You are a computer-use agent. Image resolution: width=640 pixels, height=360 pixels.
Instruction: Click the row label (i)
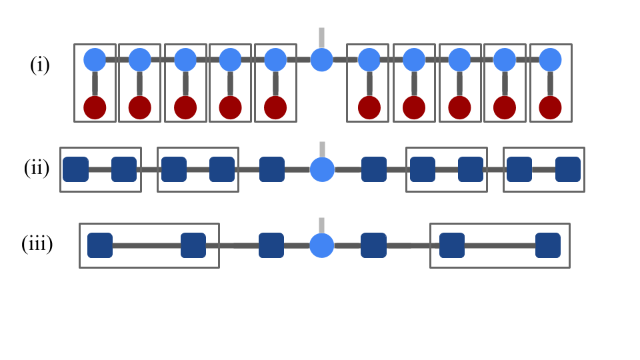tap(40, 66)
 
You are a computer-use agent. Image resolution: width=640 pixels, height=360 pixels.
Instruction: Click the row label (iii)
tap(37, 244)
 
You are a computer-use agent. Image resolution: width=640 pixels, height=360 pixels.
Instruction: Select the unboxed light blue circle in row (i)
tap(321, 60)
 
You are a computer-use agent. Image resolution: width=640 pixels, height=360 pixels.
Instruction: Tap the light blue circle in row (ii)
tap(322, 169)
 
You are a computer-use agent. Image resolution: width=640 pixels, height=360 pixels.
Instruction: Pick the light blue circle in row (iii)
tap(322, 245)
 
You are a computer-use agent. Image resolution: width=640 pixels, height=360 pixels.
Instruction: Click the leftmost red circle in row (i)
tap(95, 107)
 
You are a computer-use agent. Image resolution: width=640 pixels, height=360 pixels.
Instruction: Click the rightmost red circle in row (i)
tap(550, 107)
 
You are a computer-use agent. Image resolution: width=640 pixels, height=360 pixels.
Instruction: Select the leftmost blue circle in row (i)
tap(95, 60)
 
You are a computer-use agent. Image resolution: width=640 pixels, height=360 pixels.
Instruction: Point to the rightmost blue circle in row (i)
tap(550, 60)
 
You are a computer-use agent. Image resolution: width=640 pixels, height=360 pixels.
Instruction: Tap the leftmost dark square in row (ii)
tap(75, 169)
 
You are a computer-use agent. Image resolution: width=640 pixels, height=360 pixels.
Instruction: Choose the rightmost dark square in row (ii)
tap(568, 169)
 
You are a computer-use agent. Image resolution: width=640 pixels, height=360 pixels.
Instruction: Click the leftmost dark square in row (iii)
tap(100, 245)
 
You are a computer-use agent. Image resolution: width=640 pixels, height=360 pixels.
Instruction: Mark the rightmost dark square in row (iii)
tap(548, 245)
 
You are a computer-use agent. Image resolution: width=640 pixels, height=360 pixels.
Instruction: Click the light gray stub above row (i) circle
tap(321, 37)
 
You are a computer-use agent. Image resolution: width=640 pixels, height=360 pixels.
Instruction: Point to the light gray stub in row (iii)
tap(321, 225)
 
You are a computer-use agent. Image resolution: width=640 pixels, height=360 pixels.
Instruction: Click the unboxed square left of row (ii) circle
tap(272, 169)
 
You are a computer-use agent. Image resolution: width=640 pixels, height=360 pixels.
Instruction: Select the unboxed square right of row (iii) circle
tap(373, 245)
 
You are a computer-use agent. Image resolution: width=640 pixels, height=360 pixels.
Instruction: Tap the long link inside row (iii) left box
tap(147, 245)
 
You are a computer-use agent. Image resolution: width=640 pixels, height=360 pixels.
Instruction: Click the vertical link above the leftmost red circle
tap(95, 83)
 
